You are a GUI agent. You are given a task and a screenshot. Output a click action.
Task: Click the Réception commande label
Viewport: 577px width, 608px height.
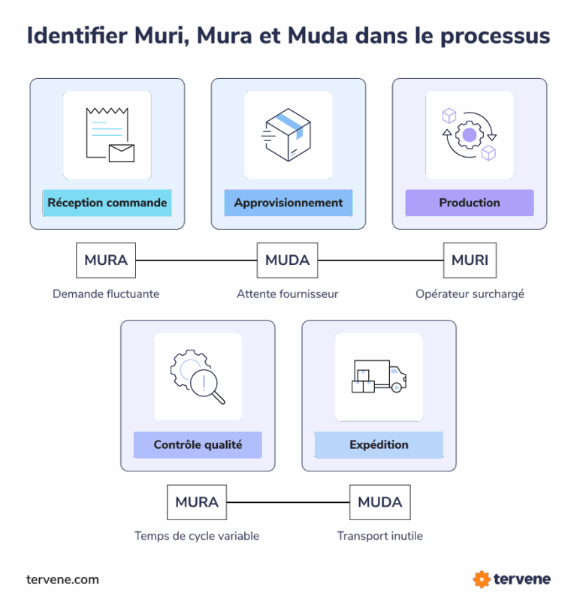pyautogui.click(x=107, y=203)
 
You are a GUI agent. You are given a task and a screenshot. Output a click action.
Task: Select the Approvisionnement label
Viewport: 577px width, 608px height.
pyautogui.click(x=288, y=203)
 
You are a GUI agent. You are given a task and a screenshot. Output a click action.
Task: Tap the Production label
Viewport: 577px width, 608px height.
pyautogui.click(x=470, y=203)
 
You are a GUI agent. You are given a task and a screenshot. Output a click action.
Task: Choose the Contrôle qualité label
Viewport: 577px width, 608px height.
pyautogui.click(x=198, y=444)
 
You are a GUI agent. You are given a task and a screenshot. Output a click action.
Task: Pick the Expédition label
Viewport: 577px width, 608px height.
pyautogui.click(x=379, y=444)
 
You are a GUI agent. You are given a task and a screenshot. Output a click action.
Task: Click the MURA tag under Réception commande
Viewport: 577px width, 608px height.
pyautogui.click(x=106, y=260)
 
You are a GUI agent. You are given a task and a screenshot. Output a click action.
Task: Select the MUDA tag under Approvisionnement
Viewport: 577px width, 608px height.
pyautogui.click(x=288, y=260)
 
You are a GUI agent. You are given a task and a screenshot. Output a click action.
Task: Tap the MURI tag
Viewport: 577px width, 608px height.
pyautogui.click(x=470, y=260)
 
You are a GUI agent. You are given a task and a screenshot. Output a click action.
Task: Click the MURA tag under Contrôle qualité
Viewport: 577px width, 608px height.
pyautogui.click(x=197, y=502)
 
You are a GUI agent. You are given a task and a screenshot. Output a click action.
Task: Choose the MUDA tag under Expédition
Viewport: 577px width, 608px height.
pyautogui.click(x=379, y=502)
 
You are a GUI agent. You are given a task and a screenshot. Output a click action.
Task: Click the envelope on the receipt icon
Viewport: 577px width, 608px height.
pyautogui.click(x=121, y=153)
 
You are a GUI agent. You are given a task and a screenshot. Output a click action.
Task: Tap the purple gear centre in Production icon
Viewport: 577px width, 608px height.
pyautogui.click(x=470, y=135)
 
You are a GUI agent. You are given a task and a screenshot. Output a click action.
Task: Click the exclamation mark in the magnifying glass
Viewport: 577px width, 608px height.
pyautogui.click(x=203, y=384)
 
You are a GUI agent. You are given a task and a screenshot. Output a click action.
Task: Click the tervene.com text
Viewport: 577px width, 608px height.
pyautogui.click(x=62, y=579)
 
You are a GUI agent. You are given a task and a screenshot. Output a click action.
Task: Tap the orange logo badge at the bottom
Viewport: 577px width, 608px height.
pyautogui.click(x=482, y=579)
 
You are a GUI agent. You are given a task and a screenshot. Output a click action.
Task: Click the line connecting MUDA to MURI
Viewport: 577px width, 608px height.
pyautogui.click(x=380, y=260)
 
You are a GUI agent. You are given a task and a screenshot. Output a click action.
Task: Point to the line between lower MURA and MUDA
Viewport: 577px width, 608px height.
pyautogui.click(x=288, y=502)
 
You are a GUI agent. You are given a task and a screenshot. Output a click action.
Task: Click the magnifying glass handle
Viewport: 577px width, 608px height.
pyautogui.click(x=219, y=398)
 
